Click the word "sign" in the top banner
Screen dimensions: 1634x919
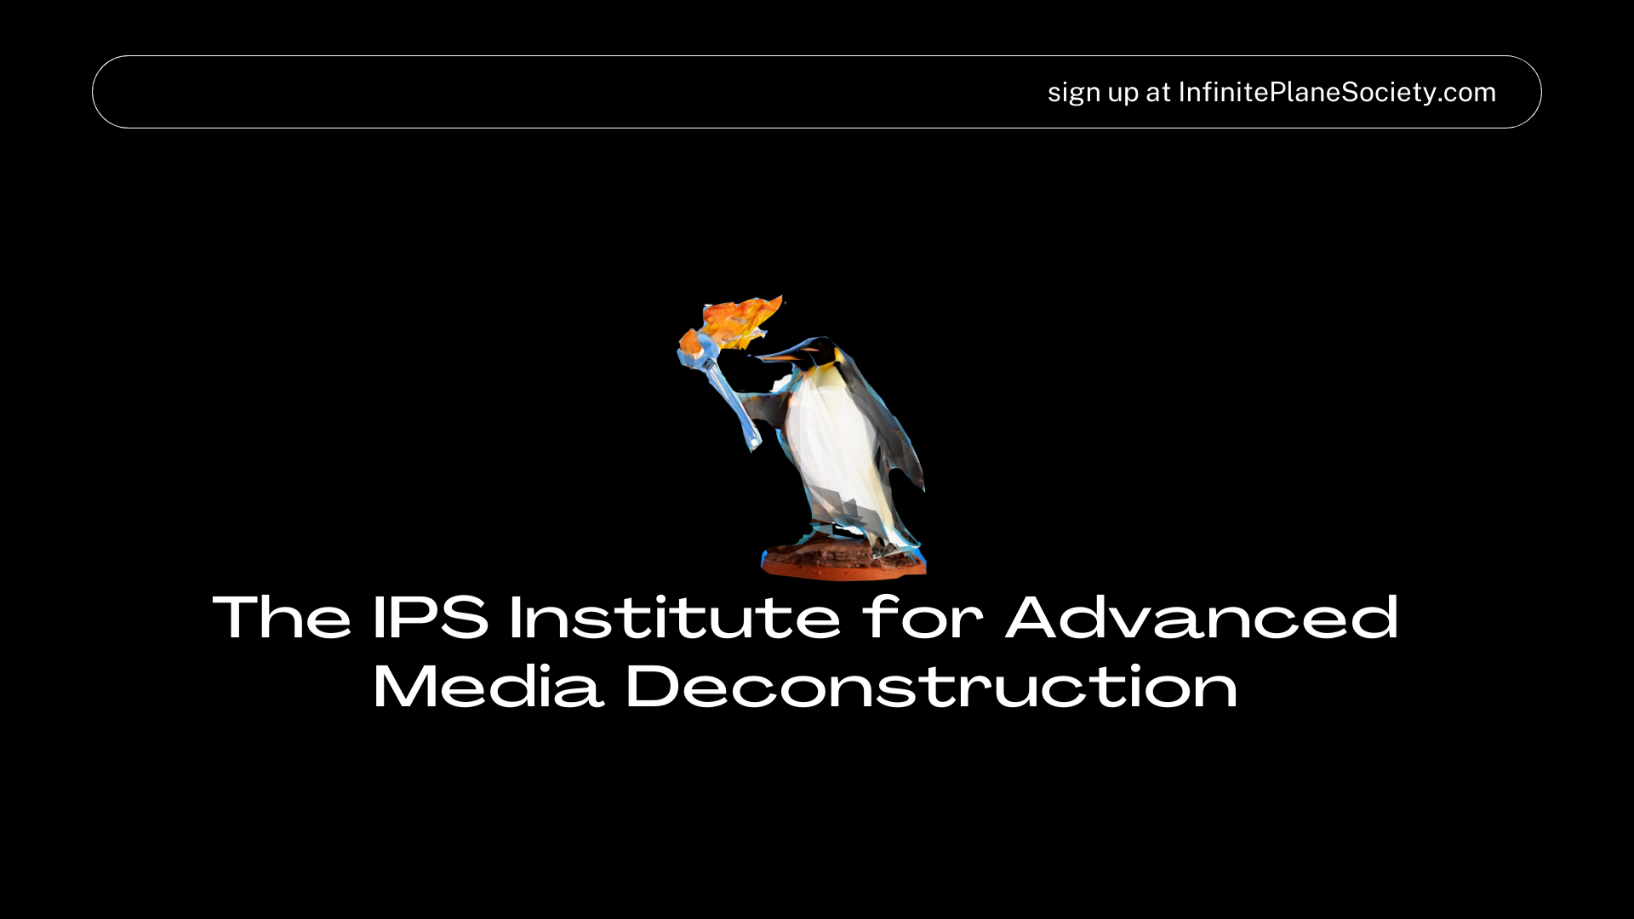(x=1074, y=93)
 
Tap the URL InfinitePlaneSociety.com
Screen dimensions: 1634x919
(x=1337, y=92)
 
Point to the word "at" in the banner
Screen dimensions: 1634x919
(x=1158, y=93)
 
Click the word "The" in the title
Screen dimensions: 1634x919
(x=282, y=617)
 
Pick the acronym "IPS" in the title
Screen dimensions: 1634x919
(x=431, y=617)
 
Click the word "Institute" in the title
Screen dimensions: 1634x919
(x=675, y=617)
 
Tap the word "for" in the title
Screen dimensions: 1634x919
(x=923, y=617)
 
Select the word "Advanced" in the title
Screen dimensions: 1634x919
(x=1203, y=617)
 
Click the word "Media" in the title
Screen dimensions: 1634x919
(x=488, y=686)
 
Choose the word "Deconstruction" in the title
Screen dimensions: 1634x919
(x=932, y=686)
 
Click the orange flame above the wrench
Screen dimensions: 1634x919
(x=737, y=322)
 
